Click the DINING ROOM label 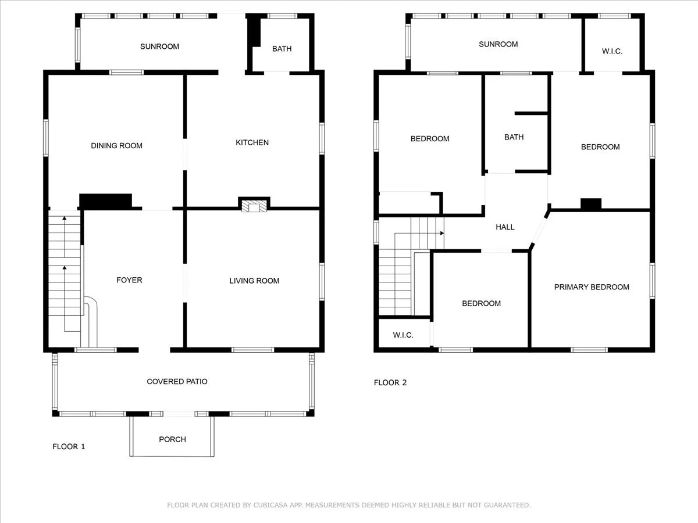click(116, 146)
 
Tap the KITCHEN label click(252, 142)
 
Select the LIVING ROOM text click(254, 281)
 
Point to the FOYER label click(129, 280)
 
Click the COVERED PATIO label click(177, 381)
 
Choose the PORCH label click(172, 439)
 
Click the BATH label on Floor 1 click(282, 49)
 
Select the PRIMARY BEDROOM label click(592, 287)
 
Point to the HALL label click(505, 227)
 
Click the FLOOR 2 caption click(390, 382)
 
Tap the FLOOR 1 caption click(69, 447)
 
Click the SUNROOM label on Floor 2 click(498, 44)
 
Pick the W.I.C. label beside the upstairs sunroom click(612, 51)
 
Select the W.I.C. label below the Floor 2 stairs click(403, 335)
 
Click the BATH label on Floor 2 click(514, 137)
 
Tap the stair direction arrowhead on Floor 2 click(442, 233)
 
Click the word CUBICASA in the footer click(269, 505)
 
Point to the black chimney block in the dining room click(106, 202)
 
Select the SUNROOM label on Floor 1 click(159, 46)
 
